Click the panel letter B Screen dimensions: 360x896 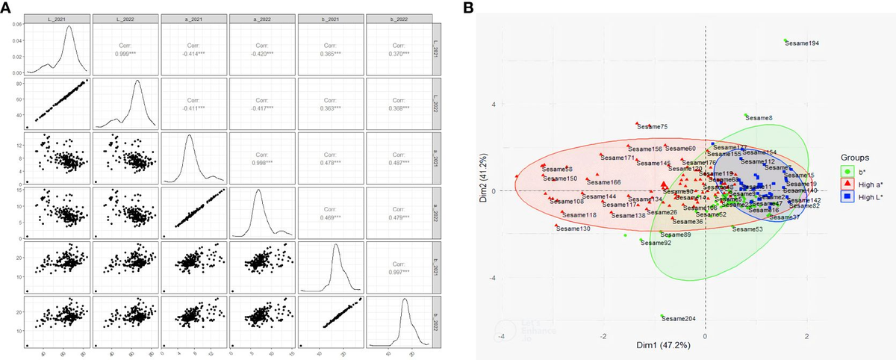(468, 7)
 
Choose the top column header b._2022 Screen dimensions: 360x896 (401, 17)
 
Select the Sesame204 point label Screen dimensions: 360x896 (680, 319)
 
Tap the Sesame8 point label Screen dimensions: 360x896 (759, 118)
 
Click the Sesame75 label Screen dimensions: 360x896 (653, 127)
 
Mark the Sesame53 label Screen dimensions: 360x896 (747, 229)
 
